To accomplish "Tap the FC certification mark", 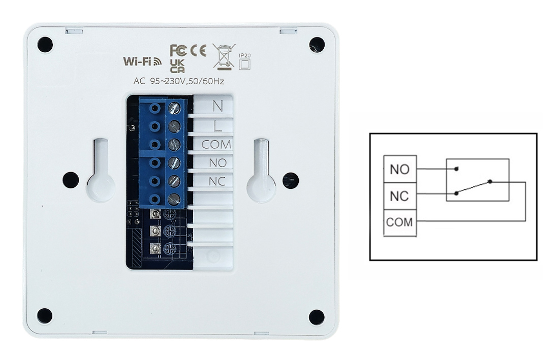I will pyautogui.click(x=178, y=51).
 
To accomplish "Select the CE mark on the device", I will pyautogui.click(x=198, y=51).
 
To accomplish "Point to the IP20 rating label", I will pyautogui.click(x=244, y=60).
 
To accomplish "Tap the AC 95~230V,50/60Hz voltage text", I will pyautogui.click(x=178, y=81).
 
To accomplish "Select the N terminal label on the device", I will pyautogui.click(x=218, y=106).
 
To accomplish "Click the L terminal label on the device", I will pyautogui.click(x=218, y=125).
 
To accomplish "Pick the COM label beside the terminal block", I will pyautogui.click(x=216, y=145).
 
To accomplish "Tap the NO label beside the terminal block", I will pyautogui.click(x=217, y=163).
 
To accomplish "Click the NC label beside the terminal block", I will pyautogui.click(x=217, y=181).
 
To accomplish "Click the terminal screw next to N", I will pyautogui.click(x=174, y=108).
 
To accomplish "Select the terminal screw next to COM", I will pyautogui.click(x=174, y=145).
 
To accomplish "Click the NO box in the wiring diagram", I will pyautogui.click(x=400, y=169).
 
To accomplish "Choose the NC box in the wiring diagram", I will pyautogui.click(x=400, y=195).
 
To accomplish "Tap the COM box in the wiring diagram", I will pyautogui.click(x=400, y=222).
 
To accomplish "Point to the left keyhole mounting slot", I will pyautogui.click(x=101, y=173).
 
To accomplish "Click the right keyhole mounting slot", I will pyautogui.click(x=261, y=173).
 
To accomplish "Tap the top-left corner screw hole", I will pyautogui.click(x=45, y=45).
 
